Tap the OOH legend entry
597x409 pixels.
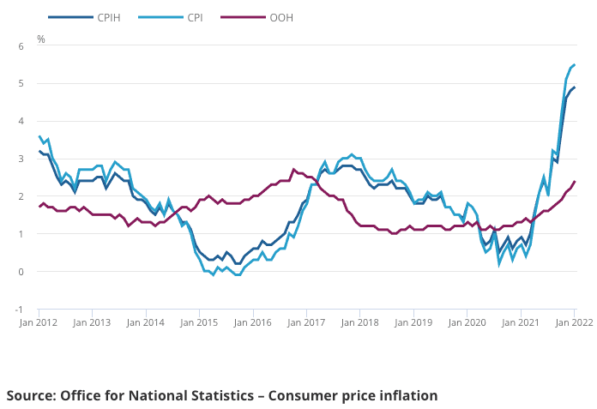pos(280,16)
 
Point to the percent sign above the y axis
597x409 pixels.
pos(41,39)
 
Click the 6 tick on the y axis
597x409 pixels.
pos(21,45)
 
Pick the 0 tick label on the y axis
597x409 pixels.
pos(21,272)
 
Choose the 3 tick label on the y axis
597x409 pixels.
pos(21,159)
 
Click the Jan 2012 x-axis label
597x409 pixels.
pos(39,322)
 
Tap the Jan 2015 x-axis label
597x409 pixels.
pos(200,322)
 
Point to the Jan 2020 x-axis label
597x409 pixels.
pos(467,322)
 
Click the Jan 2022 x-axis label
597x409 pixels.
pos(572,322)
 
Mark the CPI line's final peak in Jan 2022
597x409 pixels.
pos(574,65)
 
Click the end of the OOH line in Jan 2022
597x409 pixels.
pos(574,182)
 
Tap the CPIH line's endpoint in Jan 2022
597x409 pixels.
pos(574,87)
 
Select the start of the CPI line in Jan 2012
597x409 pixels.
pos(39,136)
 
